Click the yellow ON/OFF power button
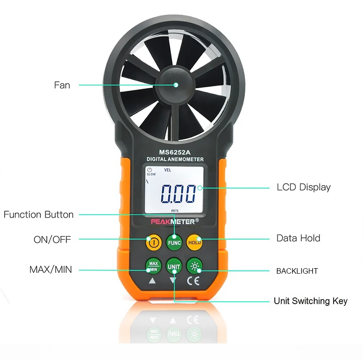(x=153, y=242)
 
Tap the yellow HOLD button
(x=195, y=242)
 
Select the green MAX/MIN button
(x=153, y=266)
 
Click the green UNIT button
(x=174, y=266)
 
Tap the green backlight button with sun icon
(x=195, y=266)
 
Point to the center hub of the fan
(x=176, y=85)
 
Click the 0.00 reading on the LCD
(x=178, y=194)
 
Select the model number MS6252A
(x=175, y=152)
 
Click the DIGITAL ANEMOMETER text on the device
(x=175, y=159)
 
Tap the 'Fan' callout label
(x=62, y=85)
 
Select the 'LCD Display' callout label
(x=303, y=187)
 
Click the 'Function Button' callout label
(x=39, y=214)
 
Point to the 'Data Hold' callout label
(x=298, y=238)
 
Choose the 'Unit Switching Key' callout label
(x=311, y=301)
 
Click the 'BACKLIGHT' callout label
(x=297, y=271)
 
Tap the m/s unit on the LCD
(x=175, y=210)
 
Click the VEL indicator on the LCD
(x=167, y=170)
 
